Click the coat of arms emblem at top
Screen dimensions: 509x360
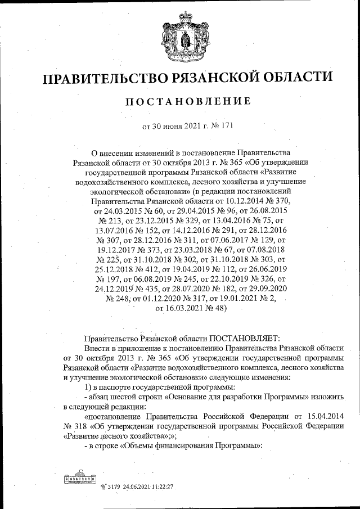[179, 37]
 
